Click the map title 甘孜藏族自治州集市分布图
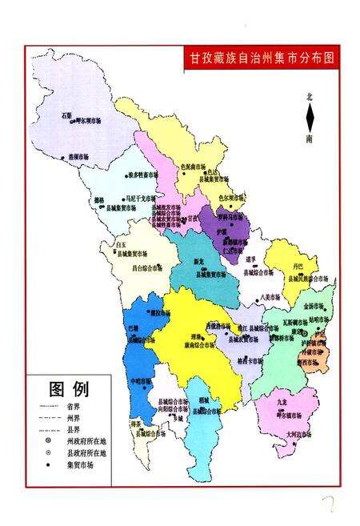(260, 58)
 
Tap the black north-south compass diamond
(310, 118)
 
